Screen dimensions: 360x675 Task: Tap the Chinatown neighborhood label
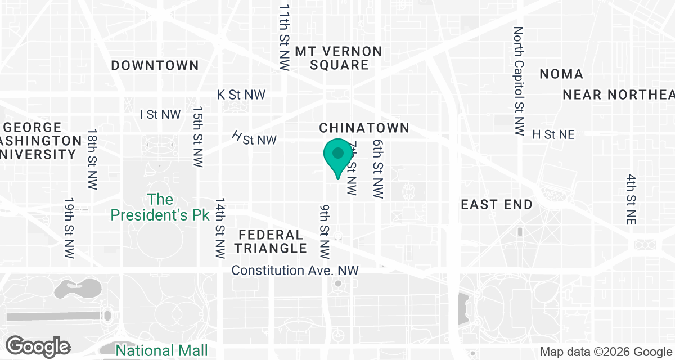tap(364, 128)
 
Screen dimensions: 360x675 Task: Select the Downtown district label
tap(155, 66)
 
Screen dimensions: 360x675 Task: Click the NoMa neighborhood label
tap(561, 74)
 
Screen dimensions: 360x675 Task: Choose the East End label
tap(497, 204)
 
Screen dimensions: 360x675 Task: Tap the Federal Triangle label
tap(271, 241)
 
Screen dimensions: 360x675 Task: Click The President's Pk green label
tap(160, 207)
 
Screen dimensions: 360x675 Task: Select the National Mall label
tap(161, 350)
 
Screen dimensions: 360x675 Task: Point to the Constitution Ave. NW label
tap(295, 271)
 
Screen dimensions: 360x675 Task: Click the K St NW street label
tap(241, 95)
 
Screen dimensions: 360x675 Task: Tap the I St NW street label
tap(161, 115)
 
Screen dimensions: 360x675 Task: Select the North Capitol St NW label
tap(519, 80)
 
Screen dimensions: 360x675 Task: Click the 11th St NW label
tap(285, 38)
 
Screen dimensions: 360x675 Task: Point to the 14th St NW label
tap(220, 227)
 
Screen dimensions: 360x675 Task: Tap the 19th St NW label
tap(69, 227)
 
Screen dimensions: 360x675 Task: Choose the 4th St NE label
tap(631, 200)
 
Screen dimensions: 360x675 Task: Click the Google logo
tap(38, 345)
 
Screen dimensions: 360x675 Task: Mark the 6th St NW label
tap(377, 169)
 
